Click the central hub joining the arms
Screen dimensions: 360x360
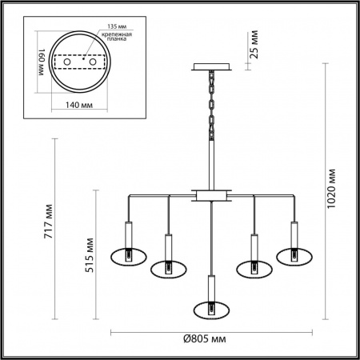212,195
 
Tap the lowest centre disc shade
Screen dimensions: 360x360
212,307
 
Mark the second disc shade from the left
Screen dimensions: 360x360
169,267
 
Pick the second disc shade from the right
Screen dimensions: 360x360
254,267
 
